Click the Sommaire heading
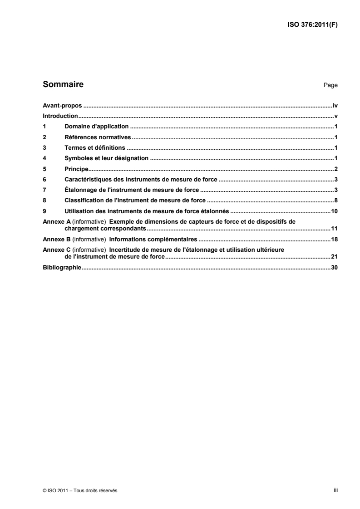tap(63, 84)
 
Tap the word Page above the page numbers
tap(330, 85)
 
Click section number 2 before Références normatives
tap(44, 137)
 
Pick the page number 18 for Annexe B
tap(335, 239)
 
